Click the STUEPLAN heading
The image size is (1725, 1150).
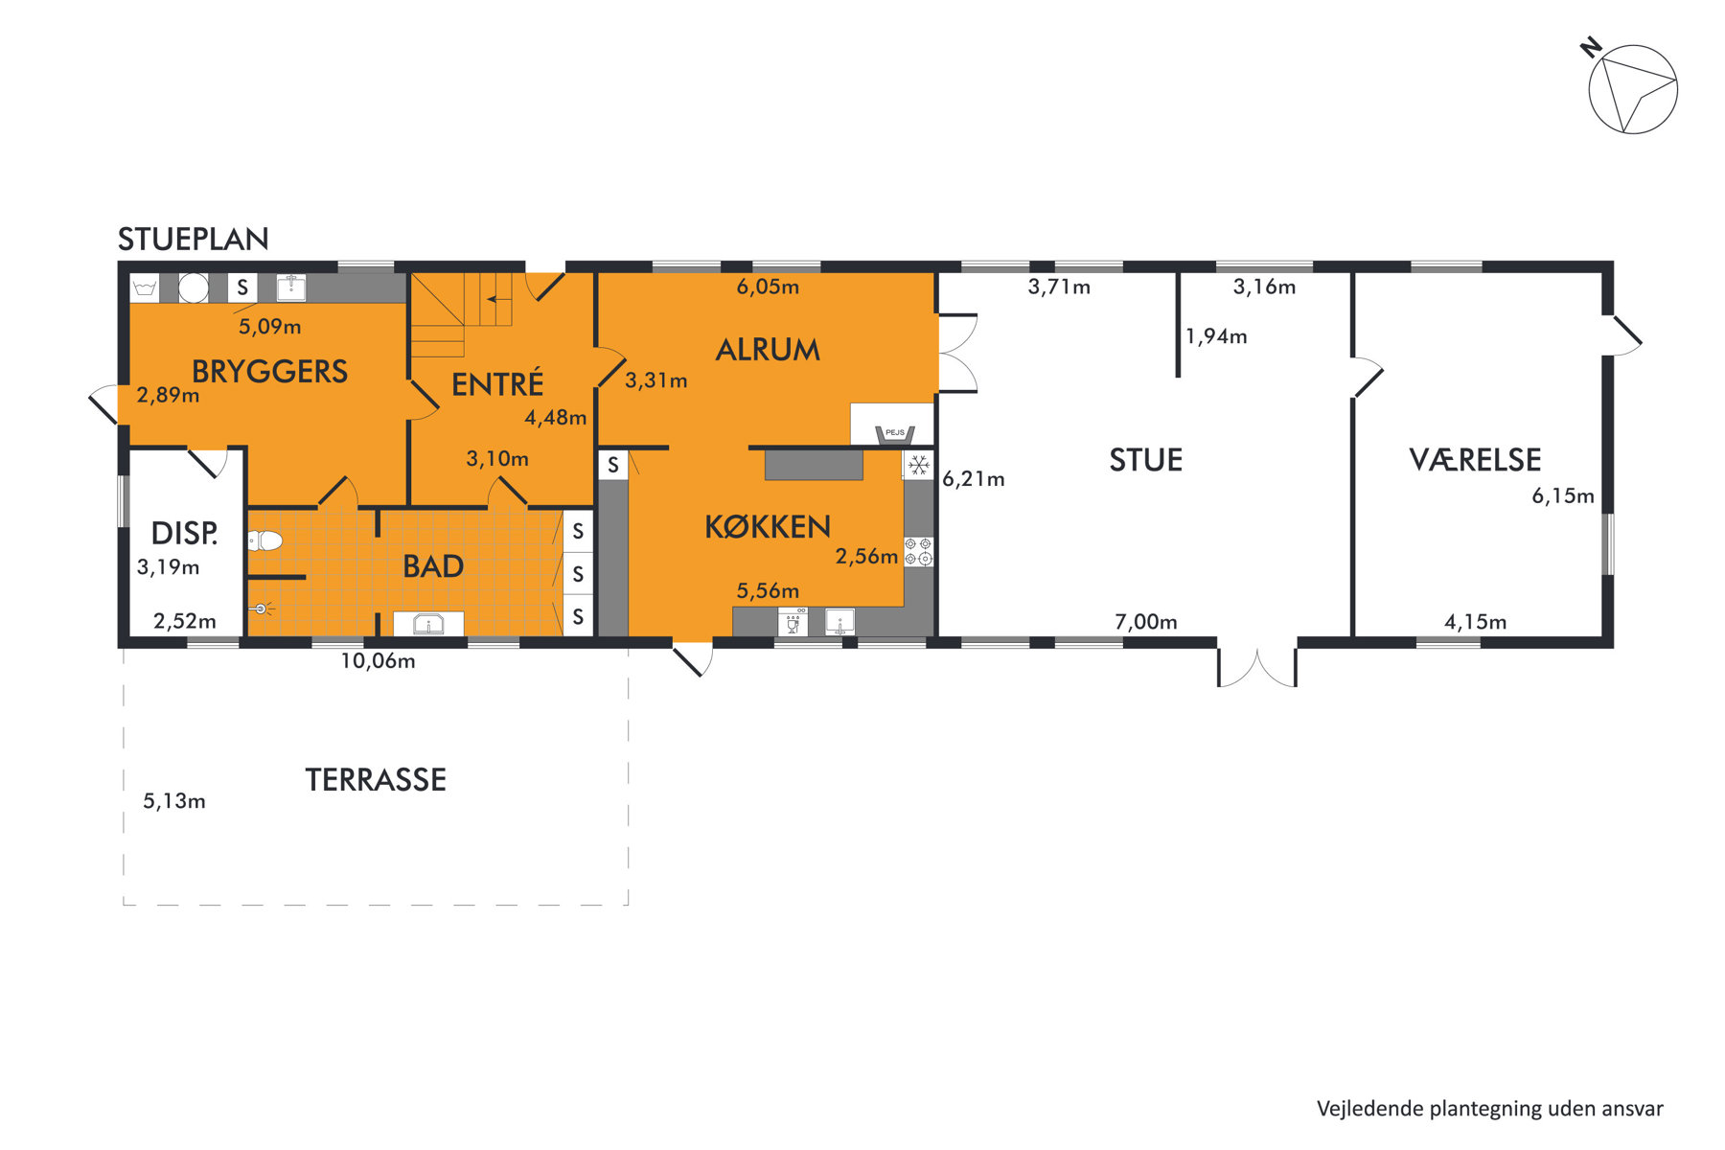click(193, 240)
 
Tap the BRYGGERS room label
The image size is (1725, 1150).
click(269, 372)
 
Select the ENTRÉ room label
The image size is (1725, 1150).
click(497, 384)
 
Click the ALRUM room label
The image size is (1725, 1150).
click(768, 350)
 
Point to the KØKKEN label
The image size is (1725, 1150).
click(768, 526)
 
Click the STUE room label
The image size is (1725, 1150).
click(1146, 460)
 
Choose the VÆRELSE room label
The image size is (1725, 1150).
click(1475, 460)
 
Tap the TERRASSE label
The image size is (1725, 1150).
click(376, 780)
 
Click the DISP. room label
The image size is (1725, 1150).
click(184, 533)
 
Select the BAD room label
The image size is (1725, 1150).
click(433, 566)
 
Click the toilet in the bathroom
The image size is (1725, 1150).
click(264, 541)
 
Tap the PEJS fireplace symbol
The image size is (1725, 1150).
click(895, 434)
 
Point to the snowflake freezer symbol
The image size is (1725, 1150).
click(919, 466)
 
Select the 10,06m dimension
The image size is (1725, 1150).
click(378, 661)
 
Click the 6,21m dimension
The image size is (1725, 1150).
click(974, 479)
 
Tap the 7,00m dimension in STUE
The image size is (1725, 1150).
click(1146, 622)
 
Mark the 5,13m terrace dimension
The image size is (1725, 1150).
click(174, 801)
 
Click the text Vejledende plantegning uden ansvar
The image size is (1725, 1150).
click(1490, 1109)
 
